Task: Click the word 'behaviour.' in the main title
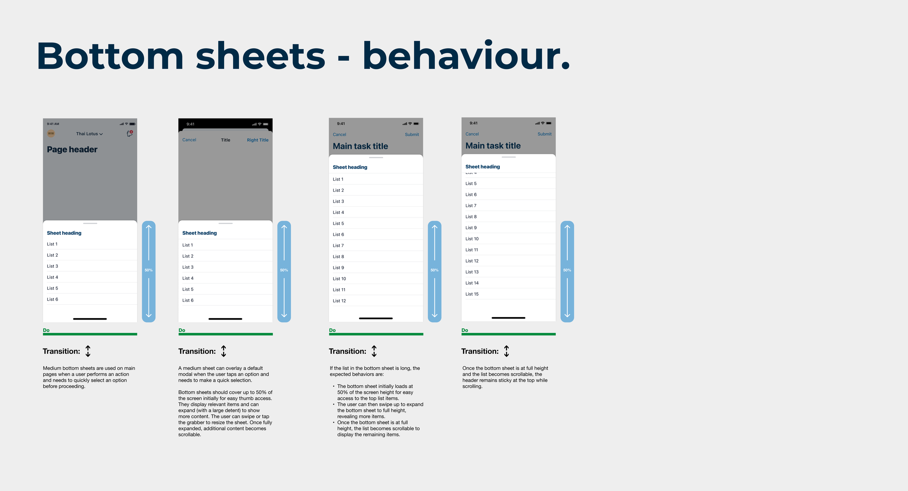coord(466,56)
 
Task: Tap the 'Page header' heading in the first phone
coord(72,150)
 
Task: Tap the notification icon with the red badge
coord(130,134)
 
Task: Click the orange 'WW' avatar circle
coord(51,133)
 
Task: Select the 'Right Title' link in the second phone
coord(258,140)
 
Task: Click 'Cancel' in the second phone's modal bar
coord(189,140)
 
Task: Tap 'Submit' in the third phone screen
coord(412,135)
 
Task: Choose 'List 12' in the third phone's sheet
coord(339,301)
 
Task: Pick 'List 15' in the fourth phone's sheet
coord(472,294)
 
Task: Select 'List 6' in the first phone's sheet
coord(52,299)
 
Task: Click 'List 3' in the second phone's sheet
coord(188,267)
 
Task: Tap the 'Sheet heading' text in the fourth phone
coord(482,167)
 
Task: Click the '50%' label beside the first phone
coord(149,270)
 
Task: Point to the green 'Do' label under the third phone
coord(332,330)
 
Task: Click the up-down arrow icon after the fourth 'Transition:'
coord(506,351)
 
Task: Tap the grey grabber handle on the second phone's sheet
coord(226,223)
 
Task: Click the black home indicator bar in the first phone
coord(90,319)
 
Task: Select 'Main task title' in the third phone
coord(360,146)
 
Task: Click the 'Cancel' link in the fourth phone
coord(472,134)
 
